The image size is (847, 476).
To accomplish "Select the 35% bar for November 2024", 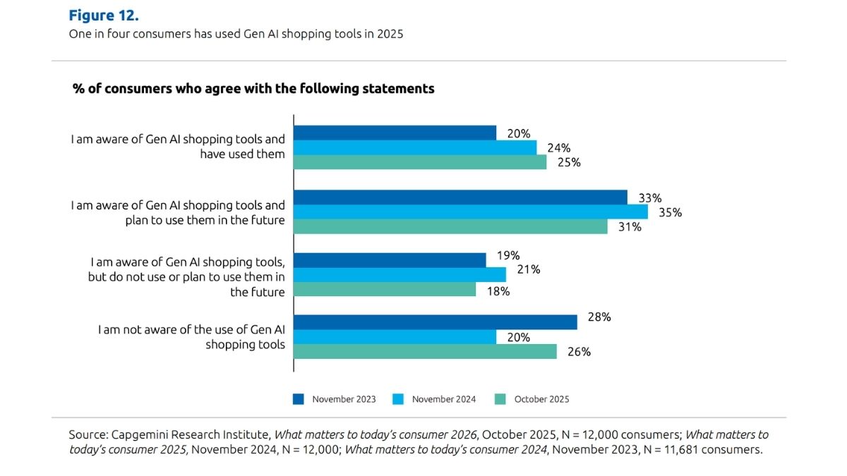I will (470, 212).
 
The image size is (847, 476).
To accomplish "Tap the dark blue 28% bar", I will (435, 322).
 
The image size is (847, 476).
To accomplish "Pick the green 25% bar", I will (420, 162).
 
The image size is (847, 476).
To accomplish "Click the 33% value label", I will (649, 197).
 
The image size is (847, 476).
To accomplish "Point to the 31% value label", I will (630, 227).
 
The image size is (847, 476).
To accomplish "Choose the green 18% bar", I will (385, 290).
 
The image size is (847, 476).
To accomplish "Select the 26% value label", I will (579, 352).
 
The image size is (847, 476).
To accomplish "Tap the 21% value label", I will (528, 269).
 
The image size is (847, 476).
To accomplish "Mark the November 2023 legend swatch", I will (299, 399).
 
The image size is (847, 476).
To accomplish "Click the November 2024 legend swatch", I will (398, 399).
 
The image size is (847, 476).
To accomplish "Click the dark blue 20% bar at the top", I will (395, 133).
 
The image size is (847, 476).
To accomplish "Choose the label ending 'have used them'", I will (242, 154).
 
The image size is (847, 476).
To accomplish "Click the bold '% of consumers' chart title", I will (253, 89).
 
